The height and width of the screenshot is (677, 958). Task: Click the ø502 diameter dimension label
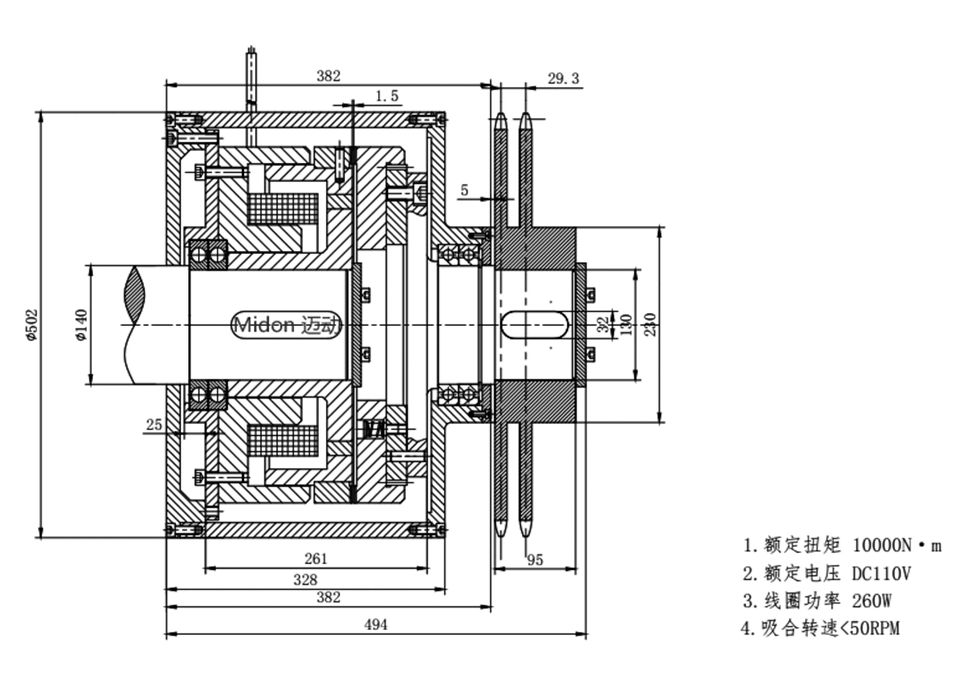33,324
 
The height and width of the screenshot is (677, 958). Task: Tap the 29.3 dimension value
563,78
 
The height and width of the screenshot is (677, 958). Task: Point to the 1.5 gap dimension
387,96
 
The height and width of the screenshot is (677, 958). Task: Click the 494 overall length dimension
376,625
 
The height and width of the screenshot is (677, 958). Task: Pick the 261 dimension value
316,558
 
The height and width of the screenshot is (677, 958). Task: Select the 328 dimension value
305,580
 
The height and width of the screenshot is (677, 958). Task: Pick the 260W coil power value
872,601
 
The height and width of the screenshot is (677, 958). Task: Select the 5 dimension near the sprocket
464,190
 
